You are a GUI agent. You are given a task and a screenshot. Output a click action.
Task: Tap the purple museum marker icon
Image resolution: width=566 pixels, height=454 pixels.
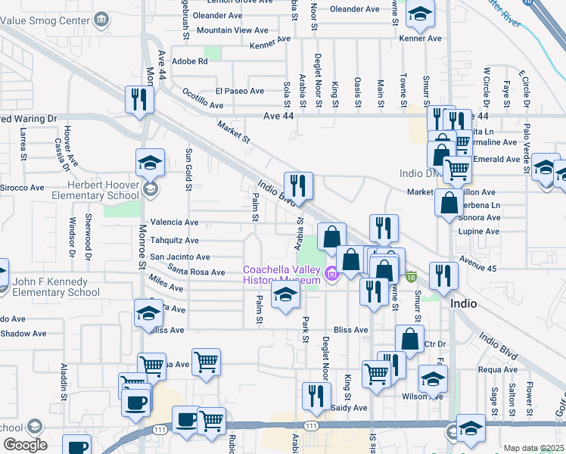click(x=330, y=273)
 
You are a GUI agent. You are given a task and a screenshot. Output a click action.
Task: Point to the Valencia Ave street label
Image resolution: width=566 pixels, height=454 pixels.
click(x=174, y=222)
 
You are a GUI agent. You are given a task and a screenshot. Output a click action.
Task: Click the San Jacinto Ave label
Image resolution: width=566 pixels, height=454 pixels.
click(x=179, y=257)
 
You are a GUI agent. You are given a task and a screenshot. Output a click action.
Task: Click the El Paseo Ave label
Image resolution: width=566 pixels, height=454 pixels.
click(x=239, y=91)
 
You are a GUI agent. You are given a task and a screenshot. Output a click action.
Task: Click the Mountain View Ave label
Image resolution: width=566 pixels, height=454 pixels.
click(x=232, y=30)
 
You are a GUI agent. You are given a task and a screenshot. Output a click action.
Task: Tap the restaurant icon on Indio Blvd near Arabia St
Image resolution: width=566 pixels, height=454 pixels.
click(x=298, y=185)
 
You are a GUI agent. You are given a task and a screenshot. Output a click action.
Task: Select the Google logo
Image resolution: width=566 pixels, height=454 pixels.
click(x=25, y=445)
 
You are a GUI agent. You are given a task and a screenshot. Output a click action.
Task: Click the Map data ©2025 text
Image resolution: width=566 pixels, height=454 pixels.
click(x=533, y=448)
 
